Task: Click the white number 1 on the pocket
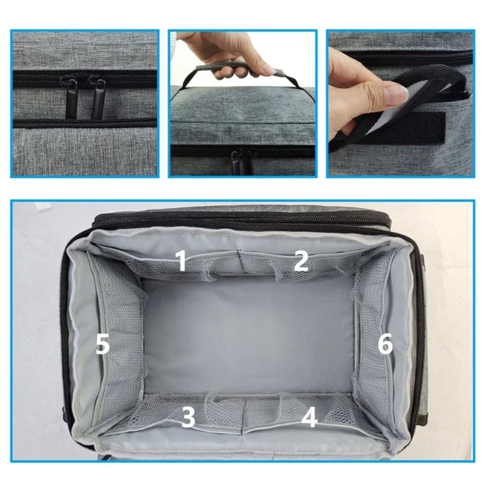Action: click(181, 261)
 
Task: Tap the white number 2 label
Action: click(301, 261)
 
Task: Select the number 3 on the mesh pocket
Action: click(189, 416)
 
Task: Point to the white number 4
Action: click(309, 416)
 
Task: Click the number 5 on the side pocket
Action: click(102, 343)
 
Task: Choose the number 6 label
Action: click(386, 343)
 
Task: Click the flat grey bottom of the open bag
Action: click(247, 334)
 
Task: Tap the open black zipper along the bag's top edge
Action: click(241, 220)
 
